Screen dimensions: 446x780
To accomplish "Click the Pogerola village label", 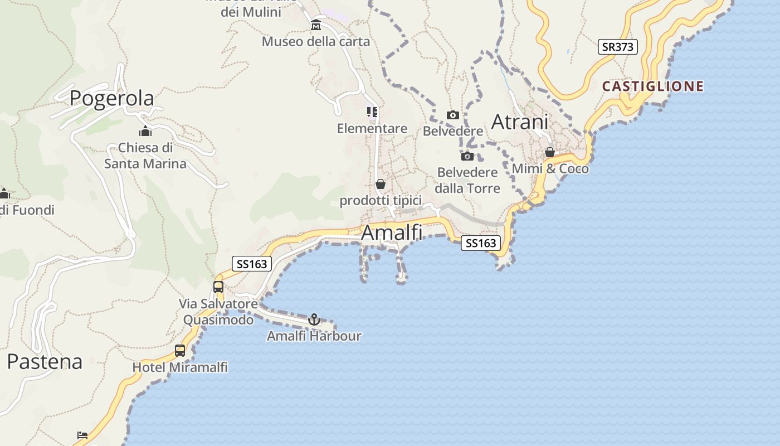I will point(111,98).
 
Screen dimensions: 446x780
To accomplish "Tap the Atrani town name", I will point(520,122).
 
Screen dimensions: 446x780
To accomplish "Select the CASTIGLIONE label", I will point(652,86).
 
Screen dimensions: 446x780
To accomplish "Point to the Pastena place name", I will point(45,362).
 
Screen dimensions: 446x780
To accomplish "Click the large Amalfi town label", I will point(392,232).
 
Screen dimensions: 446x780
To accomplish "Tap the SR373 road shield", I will point(618,47).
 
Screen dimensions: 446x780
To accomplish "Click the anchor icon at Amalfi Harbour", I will point(314,320).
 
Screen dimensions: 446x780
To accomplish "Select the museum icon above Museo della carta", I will point(316,25).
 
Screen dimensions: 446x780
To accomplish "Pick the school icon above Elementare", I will point(372,113).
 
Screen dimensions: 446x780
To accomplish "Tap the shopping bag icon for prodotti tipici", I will point(381,184).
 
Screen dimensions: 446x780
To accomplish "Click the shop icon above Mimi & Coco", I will point(550,152).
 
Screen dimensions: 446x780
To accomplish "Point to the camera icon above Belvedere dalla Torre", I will point(467,156).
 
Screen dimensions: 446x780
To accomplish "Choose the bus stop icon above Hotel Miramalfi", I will point(180,351).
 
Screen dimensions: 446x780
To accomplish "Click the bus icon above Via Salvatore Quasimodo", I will point(218,288).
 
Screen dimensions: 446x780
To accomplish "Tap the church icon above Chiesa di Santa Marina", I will point(145,132).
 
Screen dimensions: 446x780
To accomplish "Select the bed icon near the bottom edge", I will point(82,435).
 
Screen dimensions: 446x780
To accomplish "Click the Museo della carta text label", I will point(316,41).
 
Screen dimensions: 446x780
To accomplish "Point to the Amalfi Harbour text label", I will point(314,336).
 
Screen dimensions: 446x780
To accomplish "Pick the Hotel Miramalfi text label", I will point(180,367).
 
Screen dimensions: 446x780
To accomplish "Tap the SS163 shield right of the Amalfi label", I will point(481,243).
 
